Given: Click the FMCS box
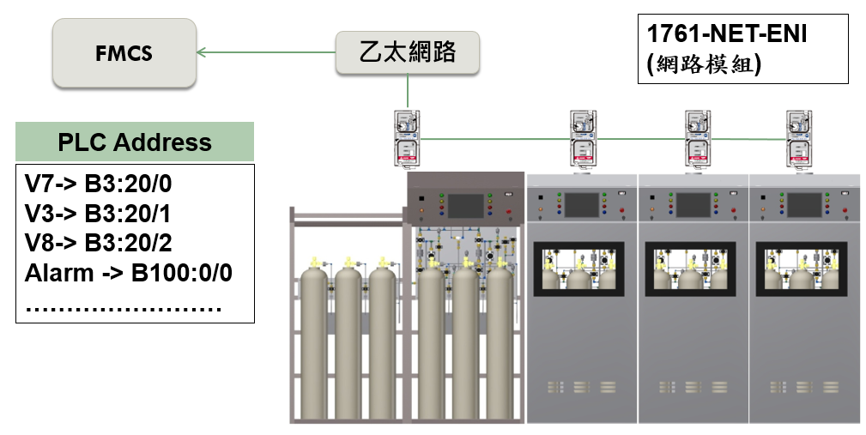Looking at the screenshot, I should click(124, 54).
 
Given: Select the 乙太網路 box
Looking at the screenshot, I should click(407, 52).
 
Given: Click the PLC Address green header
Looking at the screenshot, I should click(135, 142).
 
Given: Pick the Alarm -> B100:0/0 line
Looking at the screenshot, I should click(129, 274).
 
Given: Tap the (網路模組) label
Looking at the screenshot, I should click(705, 64).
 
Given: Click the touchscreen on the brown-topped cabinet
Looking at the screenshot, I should click(464, 206).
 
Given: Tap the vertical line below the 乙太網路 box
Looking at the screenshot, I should click(408, 91).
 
